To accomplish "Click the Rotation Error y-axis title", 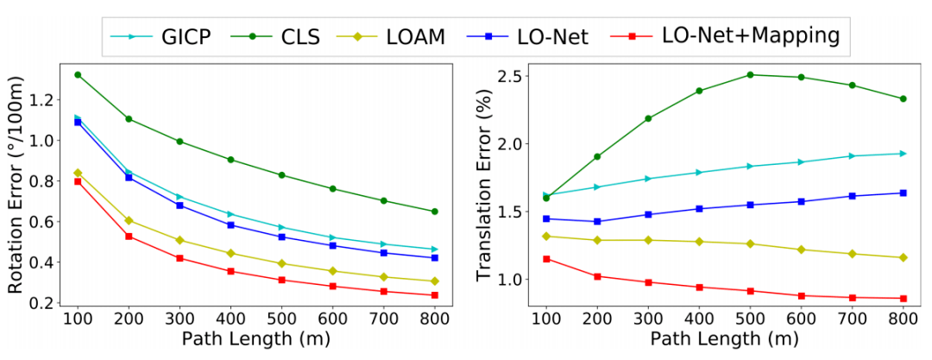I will click(x=18, y=185).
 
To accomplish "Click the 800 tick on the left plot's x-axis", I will click(x=434, y=318).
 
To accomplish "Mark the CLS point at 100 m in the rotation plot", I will click(x=79, y=75).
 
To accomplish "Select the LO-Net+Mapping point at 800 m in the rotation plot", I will click(x=434, y=295).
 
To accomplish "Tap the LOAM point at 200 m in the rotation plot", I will click(x=129, y=221).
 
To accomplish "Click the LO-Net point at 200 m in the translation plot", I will click(x=596, y=222).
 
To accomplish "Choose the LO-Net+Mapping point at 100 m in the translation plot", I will click(x=545, y=259).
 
